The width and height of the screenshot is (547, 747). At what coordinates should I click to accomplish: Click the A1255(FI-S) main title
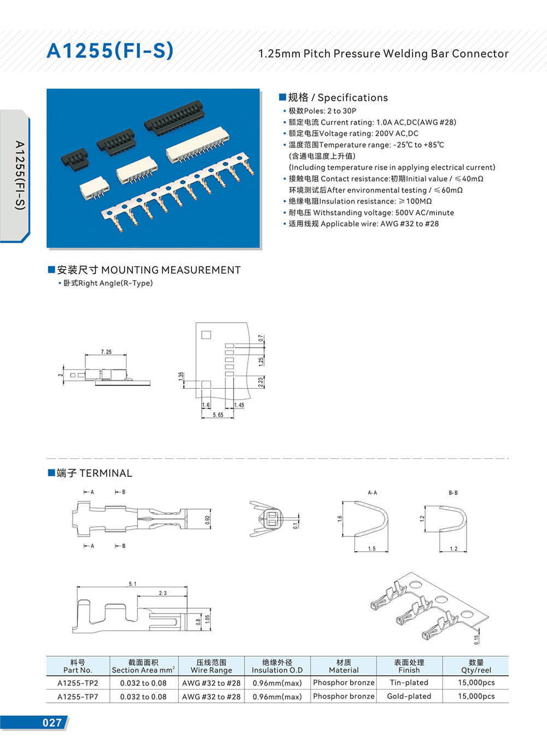coord(110,51)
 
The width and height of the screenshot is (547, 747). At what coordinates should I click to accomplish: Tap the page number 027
coord(52,722)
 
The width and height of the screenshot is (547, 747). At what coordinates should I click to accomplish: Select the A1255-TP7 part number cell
coord(78,697)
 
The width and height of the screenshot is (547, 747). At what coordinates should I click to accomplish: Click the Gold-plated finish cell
coord(409,696)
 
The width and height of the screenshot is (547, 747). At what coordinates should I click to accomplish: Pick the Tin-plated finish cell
coord(409,682)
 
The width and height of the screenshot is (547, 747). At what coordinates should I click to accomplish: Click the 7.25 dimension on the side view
coord(106,352)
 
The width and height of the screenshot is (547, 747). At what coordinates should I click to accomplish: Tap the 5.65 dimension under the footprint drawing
coord(218,415)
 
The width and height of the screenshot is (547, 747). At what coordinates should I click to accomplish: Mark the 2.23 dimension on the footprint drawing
coord(261,382)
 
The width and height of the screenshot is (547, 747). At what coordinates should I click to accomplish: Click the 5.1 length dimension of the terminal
coord(132,584)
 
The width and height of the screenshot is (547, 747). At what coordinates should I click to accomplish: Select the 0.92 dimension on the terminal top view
coord(207,520)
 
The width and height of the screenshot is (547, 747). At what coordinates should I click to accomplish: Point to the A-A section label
coord(372,493)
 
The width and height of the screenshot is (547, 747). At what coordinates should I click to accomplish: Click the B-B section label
coord(453,493)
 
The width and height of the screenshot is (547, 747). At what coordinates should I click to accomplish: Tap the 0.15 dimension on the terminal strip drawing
coord(476,640)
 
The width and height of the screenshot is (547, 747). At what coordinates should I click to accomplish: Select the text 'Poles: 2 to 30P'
coord(330,110)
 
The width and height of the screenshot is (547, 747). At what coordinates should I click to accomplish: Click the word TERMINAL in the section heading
coord(106,473)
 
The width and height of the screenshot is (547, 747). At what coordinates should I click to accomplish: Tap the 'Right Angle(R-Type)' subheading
coord(115,283)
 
